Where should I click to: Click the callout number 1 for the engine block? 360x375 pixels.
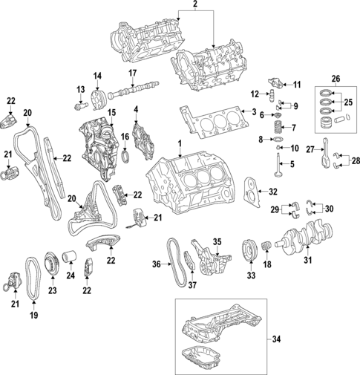coord(179,143)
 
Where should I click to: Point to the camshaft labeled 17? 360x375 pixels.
coord(131,93)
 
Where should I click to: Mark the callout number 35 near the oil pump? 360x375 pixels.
coord(218,241)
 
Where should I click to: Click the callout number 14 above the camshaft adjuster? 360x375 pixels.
coord(96,77)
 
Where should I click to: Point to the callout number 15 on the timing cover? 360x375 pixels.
coord(112,112)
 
